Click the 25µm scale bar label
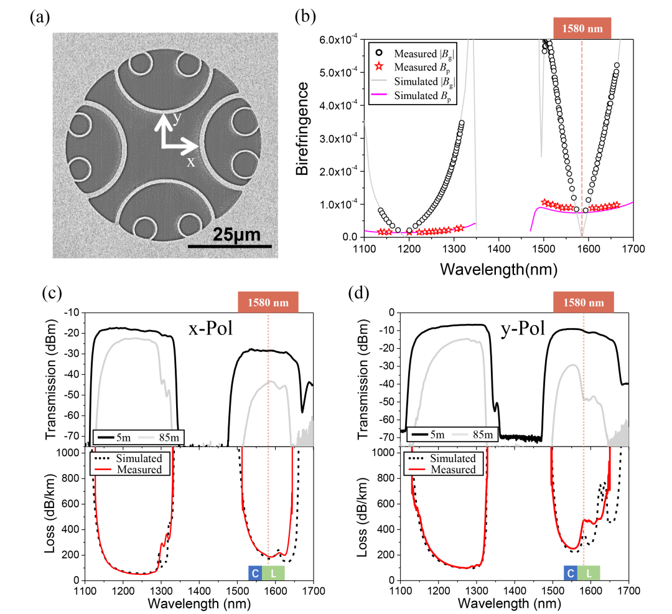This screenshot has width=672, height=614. tap(236, 235)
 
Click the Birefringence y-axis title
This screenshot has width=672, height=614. tap(302, 137)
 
